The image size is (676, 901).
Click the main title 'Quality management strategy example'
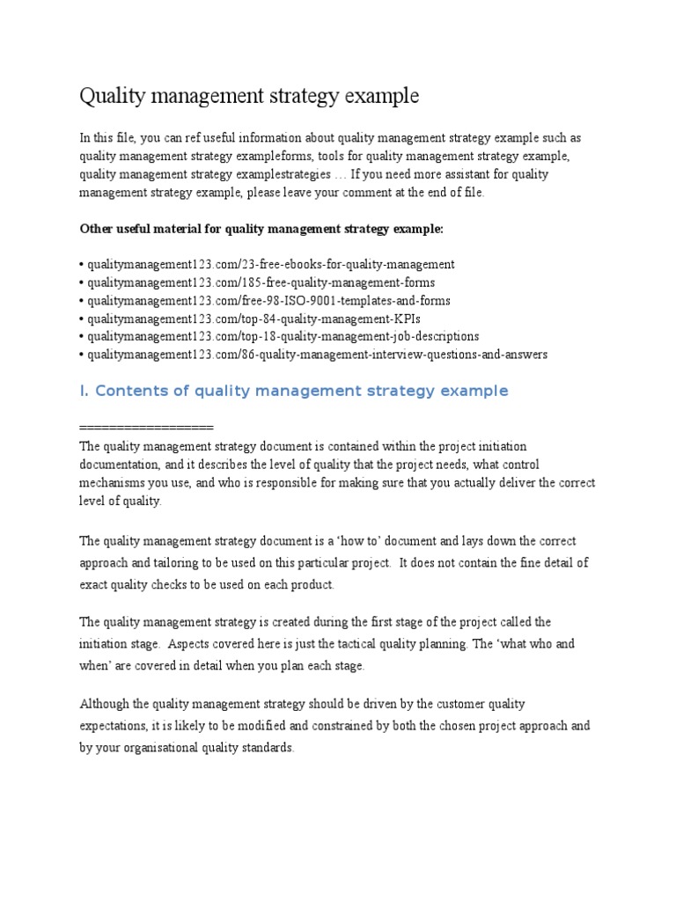pos(249,96)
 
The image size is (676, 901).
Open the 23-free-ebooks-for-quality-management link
pos(268,264)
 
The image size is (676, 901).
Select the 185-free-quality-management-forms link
pos(259,282)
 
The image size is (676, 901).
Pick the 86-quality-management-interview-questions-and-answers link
pos(314,355)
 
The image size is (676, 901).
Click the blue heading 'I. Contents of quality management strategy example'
pos(294,391)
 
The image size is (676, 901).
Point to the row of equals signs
pos(146,428)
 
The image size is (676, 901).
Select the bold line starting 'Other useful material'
pos(262,229)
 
